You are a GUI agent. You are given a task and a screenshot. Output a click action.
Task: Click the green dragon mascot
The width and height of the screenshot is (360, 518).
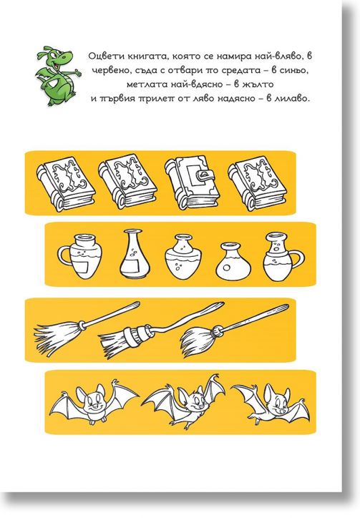(57, 76)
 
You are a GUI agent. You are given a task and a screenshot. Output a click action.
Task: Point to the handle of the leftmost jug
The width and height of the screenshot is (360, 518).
(64, 255)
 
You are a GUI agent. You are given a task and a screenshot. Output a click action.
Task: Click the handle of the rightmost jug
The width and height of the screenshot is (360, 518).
(298, 259)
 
